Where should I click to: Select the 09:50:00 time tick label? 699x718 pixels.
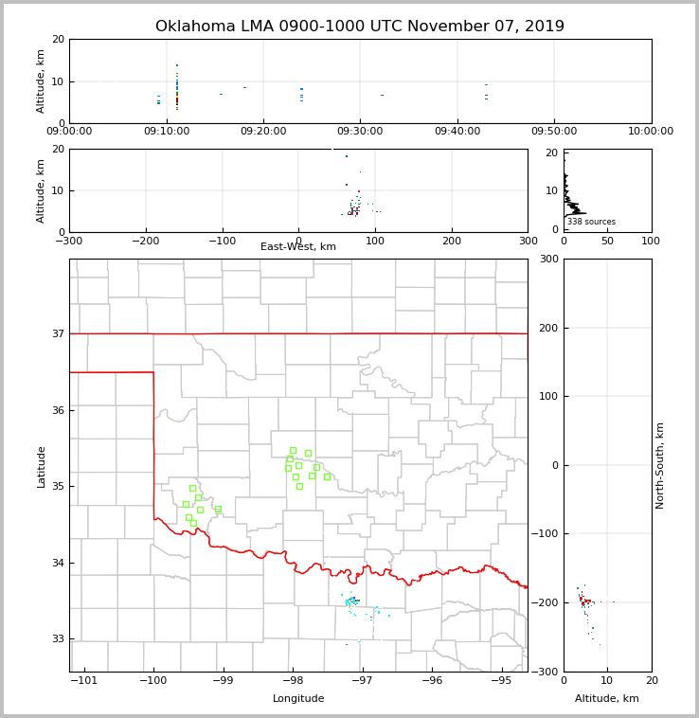click(x=554, y=132)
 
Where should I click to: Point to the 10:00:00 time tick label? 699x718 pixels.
click(x=651, y=132)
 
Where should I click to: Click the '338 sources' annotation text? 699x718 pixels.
click(x=591, y=222)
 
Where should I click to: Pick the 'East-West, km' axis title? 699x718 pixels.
click(x=298, y=247)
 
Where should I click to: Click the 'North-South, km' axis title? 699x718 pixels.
click(x=660, y=465)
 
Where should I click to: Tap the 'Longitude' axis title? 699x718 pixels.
click(x=298, y=699)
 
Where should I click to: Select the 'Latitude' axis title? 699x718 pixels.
click(x=41, y=466)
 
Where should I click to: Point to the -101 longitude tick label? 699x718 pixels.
click(x=84, y=681)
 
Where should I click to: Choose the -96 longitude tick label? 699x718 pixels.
click(x=432, y=681)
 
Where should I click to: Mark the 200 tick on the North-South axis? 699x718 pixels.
click(x=547, y=328)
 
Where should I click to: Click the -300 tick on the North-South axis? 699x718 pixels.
click(x=544, y=672)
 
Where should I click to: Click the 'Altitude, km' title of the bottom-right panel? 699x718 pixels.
click(x=607, y=699)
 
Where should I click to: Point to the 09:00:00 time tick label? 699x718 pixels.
click(x=69, y=132)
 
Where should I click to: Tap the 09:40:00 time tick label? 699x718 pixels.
click(x=457, y=132)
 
